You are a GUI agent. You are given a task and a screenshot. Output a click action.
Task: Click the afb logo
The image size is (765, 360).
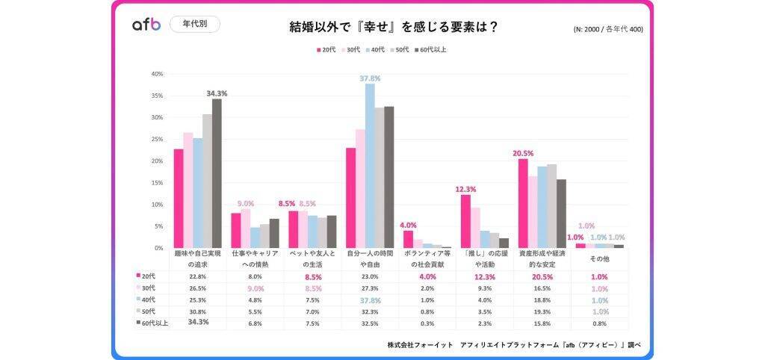146,25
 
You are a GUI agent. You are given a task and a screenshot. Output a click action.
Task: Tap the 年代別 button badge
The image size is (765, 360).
195,24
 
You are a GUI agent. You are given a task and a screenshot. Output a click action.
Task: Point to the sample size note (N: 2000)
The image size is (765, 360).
607,30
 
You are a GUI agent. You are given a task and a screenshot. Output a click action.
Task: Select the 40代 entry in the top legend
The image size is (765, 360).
375,50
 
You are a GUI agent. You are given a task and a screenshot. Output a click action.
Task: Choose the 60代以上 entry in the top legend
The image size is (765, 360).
431,50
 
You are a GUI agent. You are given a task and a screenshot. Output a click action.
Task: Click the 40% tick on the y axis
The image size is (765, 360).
157,74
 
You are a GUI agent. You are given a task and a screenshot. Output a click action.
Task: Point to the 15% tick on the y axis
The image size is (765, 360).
157,183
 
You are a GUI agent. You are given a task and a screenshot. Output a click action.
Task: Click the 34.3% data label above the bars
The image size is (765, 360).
217,93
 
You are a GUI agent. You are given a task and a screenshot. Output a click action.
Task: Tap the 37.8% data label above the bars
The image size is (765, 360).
370,78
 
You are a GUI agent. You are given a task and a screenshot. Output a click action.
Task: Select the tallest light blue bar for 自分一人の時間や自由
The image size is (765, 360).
370,165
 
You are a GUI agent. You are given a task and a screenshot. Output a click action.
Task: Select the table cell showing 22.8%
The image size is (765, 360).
197,276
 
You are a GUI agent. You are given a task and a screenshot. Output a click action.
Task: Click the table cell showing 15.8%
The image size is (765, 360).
542,323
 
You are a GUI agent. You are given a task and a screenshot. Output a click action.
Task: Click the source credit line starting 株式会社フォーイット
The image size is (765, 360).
514,345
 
